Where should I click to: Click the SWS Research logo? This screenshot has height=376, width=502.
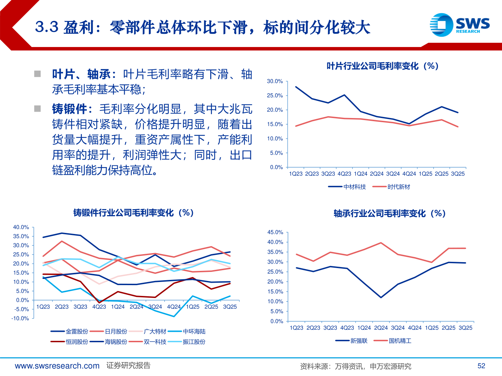(459, 25)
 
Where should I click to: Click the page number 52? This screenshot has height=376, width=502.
(481, 366)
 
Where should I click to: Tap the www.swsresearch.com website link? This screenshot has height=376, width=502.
(57, 366)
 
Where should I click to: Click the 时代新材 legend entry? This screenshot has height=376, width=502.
(391, 187)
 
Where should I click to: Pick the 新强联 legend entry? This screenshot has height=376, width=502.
(352, 341)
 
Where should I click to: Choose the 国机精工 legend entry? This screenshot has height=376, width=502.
(393, 341)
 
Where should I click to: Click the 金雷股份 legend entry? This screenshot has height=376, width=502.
(70, 331)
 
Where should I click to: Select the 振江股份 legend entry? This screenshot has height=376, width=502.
(187, 342)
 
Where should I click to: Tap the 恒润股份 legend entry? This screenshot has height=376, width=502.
(70, 342)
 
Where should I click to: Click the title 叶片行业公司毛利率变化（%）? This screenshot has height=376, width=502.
(382, 66)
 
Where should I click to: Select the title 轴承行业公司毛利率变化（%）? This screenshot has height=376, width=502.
(389, 213)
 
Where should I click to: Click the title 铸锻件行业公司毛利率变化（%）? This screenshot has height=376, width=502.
(134, 213)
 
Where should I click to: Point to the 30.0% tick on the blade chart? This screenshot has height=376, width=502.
(275, 81)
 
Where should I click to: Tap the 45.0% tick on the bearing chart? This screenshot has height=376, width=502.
(275, 232)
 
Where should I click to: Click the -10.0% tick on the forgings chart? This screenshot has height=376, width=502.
(20, 318)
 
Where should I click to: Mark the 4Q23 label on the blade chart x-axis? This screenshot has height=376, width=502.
(344, 174)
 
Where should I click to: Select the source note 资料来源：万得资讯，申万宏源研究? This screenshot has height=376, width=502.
(356, 366)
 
